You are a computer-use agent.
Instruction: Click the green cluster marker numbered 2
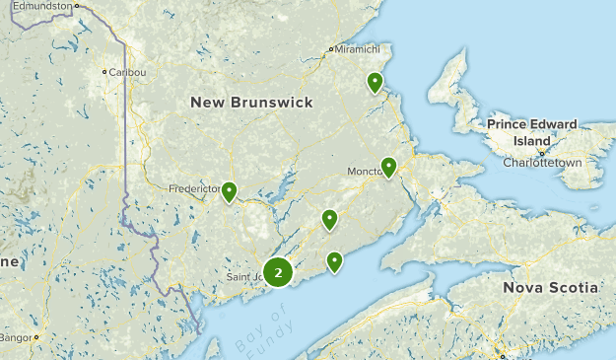[279, 272]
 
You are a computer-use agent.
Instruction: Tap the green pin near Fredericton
[229, 191]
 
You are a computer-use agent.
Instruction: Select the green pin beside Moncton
[389, 167]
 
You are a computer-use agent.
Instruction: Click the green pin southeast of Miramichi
[375, 82]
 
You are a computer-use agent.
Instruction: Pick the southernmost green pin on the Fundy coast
[335, 261]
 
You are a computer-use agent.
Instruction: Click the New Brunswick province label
[251, 103]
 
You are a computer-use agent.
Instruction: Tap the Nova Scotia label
[550, 287]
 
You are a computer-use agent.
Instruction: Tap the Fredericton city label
[193, 187]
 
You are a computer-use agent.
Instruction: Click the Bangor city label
[14, 337]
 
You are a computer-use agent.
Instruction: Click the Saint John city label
[245, 277]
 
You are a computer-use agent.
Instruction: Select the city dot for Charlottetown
[541, 153]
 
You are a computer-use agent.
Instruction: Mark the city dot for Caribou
[104, 72]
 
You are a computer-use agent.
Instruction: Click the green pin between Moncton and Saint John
[329, 219]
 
